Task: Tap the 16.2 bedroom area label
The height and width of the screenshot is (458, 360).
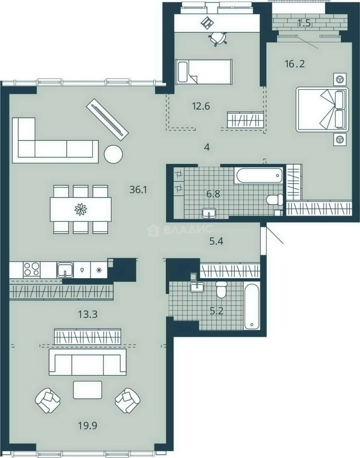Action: pos(295,63)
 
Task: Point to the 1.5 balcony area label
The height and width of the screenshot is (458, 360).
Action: pos(304,23)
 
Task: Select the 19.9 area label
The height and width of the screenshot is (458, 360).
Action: pos(87,426)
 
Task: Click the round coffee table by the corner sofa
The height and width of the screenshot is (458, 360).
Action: pos(113,154)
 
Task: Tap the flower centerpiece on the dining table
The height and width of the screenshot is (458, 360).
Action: pos(81,209)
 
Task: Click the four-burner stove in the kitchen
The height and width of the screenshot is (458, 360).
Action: pos(31,269)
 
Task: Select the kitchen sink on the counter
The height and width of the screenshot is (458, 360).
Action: pos(65,270)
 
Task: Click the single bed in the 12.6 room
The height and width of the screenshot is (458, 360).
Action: pos(203,72)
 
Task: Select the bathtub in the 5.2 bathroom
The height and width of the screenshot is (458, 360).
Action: pos(252,305)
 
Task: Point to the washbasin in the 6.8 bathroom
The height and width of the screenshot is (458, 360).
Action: pos(209,213)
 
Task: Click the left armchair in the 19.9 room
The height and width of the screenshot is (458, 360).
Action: pos(48,400)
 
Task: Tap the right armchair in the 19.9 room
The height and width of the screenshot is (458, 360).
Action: pos(127,400)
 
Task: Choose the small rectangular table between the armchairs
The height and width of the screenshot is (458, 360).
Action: pos(88,390)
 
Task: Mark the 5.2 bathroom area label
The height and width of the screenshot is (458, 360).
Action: pos(217,311)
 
